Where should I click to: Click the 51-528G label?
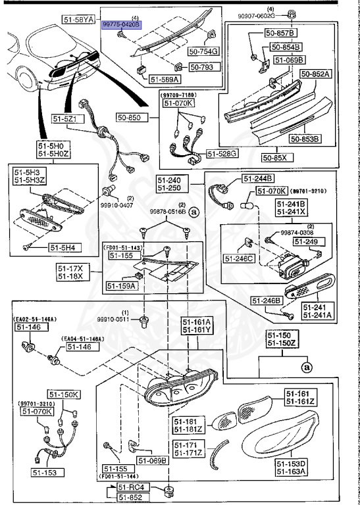(222, 153)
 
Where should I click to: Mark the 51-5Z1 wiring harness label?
(65, 120)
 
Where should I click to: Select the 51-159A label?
(121, 286)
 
